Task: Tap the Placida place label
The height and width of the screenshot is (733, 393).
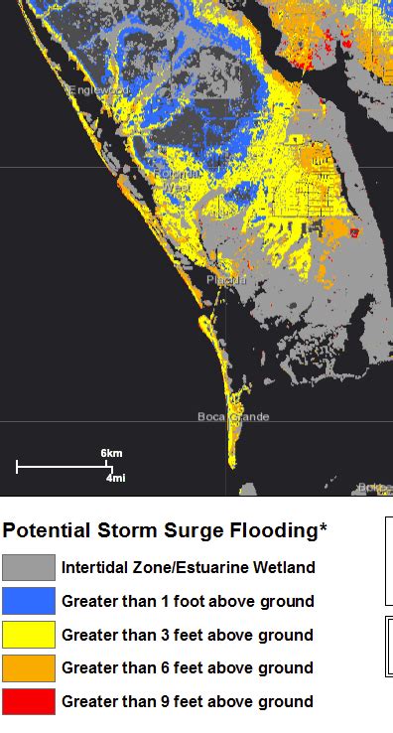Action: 224,281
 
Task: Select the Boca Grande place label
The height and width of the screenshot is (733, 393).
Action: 233,416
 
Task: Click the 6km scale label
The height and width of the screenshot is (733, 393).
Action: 112,453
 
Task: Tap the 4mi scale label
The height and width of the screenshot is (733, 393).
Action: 115,478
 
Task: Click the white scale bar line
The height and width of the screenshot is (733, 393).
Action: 63,466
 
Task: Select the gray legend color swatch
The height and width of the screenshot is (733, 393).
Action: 28,568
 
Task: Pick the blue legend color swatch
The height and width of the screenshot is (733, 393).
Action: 28,601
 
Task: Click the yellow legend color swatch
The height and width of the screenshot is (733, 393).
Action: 28,635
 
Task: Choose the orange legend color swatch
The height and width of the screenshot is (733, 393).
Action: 28,667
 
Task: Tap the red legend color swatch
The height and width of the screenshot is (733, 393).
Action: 28,701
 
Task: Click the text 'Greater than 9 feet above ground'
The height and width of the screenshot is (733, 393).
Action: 188,701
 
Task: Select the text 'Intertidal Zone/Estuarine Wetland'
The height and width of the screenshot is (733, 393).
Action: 189,568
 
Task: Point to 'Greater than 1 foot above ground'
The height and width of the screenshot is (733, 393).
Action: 188,601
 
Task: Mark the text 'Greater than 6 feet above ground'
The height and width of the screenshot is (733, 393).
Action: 188,667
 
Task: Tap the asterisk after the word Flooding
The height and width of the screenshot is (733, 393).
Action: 323,528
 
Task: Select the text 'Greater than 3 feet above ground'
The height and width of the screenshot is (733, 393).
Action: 188,635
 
